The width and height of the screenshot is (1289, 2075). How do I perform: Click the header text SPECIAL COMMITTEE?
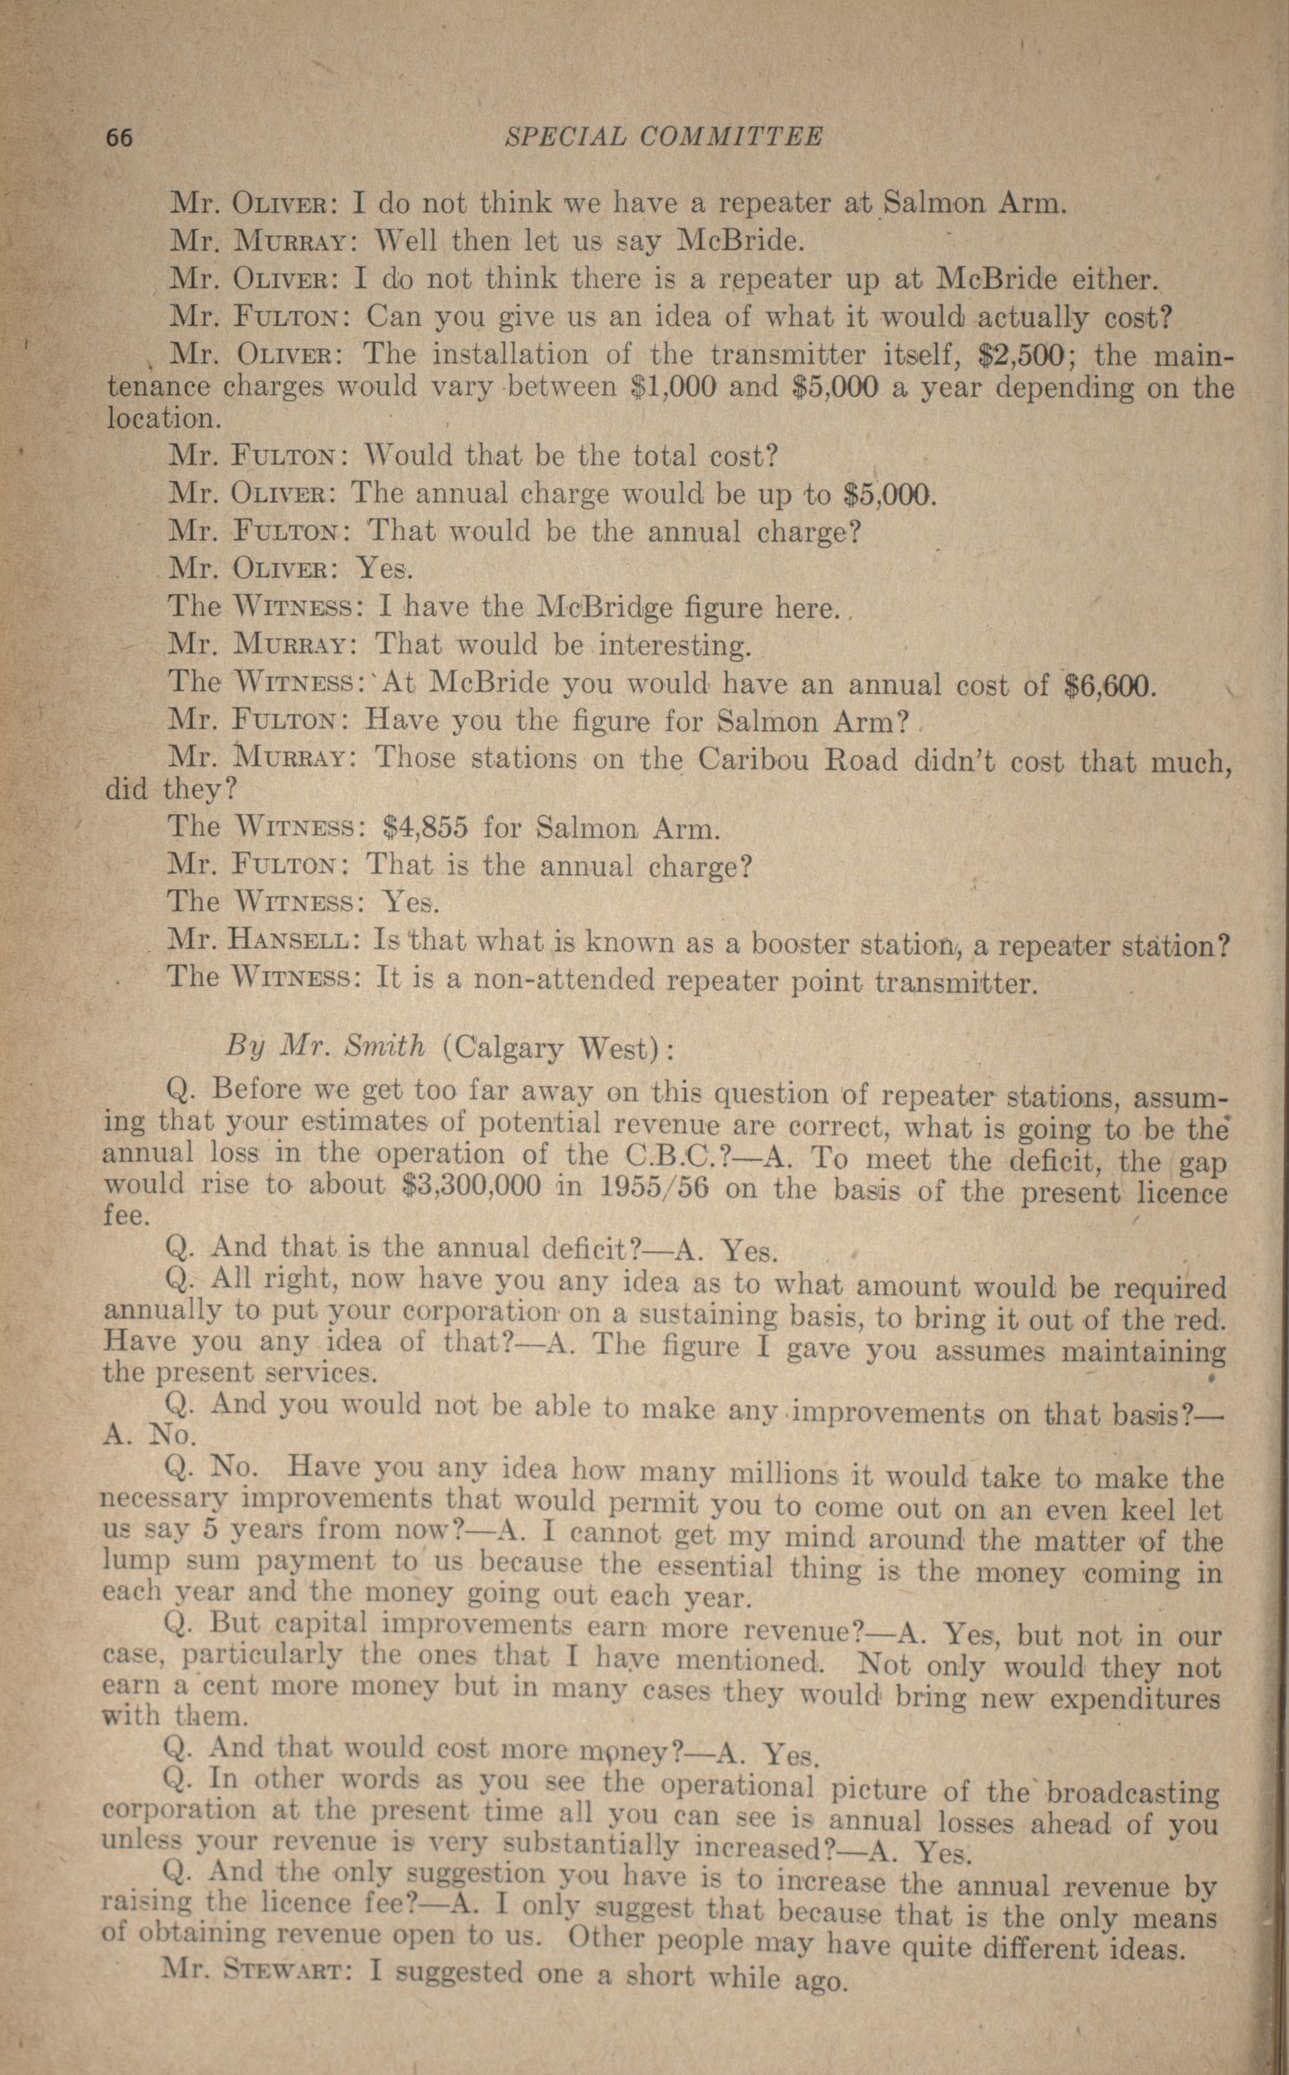pos(664,136)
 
